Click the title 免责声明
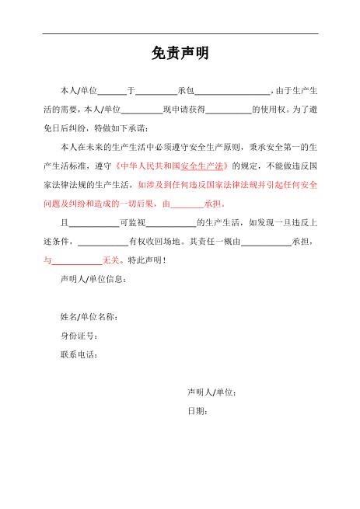pyautogui.click(x=180, y=54)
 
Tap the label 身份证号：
pyautogui.click(x=79, y=336)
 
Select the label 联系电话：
pyautogui.click(x=79, y=354)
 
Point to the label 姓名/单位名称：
pyautogui.click(x=89, y=317)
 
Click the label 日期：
pyautogui.click(x=197, y=410)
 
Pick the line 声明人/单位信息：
pyautogui.click(x=93, y=279)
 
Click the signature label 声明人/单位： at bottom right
pyautogui.click(x=211, y=392)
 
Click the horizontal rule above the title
pyautogui.click(x=180, y=33)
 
